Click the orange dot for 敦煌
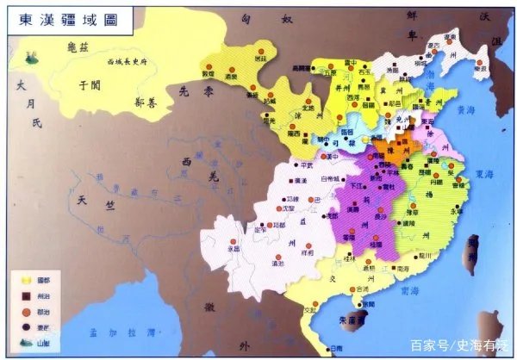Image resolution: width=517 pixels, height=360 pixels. click(208, 63)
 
